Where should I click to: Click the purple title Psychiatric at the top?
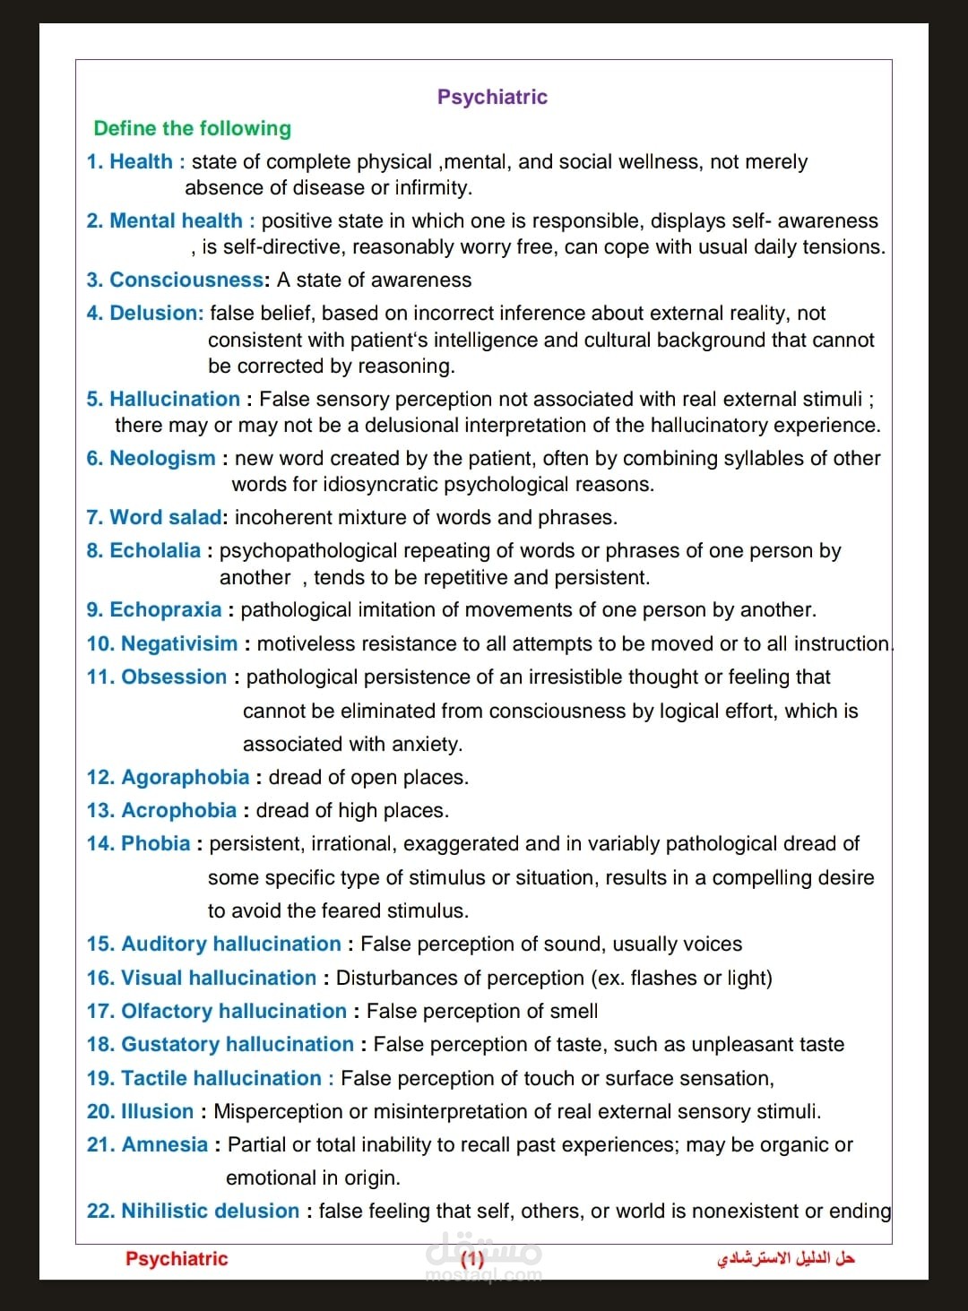point(492,97)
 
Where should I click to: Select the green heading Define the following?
point(192,128)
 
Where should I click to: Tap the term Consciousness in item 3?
point(186,280)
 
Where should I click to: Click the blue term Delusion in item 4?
point(156,313)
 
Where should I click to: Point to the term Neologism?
point(162,458)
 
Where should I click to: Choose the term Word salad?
point(165,517)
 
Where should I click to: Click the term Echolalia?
point(154,550)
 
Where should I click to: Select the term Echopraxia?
point(165,609)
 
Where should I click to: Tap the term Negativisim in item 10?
point(179,643)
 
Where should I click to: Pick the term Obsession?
point(174,677)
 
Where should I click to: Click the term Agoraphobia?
point(185,777)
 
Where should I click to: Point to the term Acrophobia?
point(178,810)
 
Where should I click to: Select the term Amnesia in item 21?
point(164,1144)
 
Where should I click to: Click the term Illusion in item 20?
point(157,1111)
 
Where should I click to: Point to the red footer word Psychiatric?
point(177,1258)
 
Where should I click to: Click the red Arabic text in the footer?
point(785,1258)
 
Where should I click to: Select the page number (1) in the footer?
point(472,1258)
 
